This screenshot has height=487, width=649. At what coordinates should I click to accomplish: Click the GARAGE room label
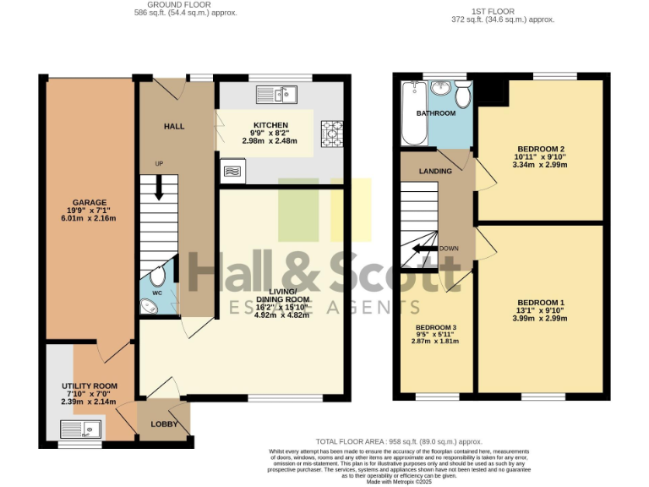point(89,203)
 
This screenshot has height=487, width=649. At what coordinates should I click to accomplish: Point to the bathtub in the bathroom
point(412,113)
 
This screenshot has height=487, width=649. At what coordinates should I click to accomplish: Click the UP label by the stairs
point(159,163)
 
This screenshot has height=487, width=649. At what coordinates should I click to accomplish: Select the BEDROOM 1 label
point(540,303)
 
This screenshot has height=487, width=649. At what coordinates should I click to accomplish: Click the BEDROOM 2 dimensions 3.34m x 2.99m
point(540,165)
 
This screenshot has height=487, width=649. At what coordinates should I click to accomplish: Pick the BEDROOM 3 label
point(435,327)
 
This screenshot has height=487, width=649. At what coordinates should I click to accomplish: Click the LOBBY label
point(164,424)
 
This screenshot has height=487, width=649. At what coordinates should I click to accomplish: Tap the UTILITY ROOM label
point(89,386)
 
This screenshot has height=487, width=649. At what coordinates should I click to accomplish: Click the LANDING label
point(435,172)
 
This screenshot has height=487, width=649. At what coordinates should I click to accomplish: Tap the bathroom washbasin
point(441,89)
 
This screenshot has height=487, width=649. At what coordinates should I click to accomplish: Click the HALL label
point(174,127)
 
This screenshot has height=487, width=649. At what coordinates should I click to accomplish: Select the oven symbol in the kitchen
point(232,172)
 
